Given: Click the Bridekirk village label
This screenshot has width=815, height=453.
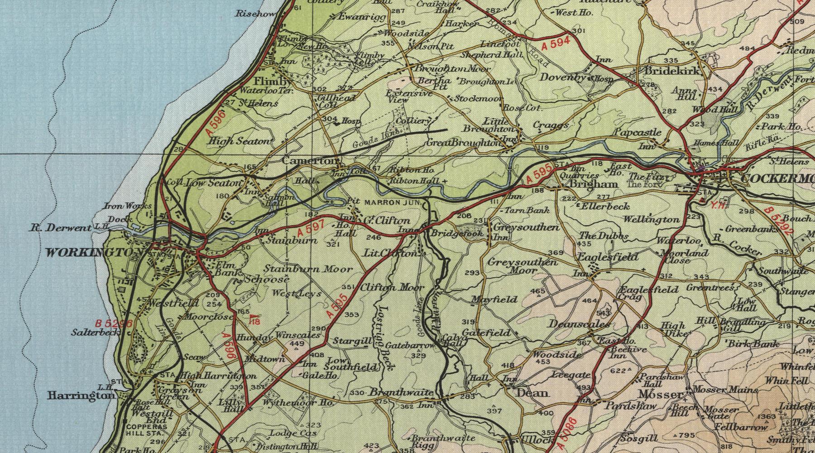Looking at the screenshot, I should point(674,71).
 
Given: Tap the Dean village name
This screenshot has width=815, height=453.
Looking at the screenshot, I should point(532,393).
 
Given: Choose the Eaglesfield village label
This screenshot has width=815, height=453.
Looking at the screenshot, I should point(614,257).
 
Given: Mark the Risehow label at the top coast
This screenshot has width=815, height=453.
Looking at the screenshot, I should point(255,14).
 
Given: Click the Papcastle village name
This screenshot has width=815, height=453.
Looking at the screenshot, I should point(638,133).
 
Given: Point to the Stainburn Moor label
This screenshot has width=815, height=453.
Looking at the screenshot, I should point(308,269).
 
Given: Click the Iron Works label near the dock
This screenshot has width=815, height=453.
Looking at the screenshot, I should point(121,206).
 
